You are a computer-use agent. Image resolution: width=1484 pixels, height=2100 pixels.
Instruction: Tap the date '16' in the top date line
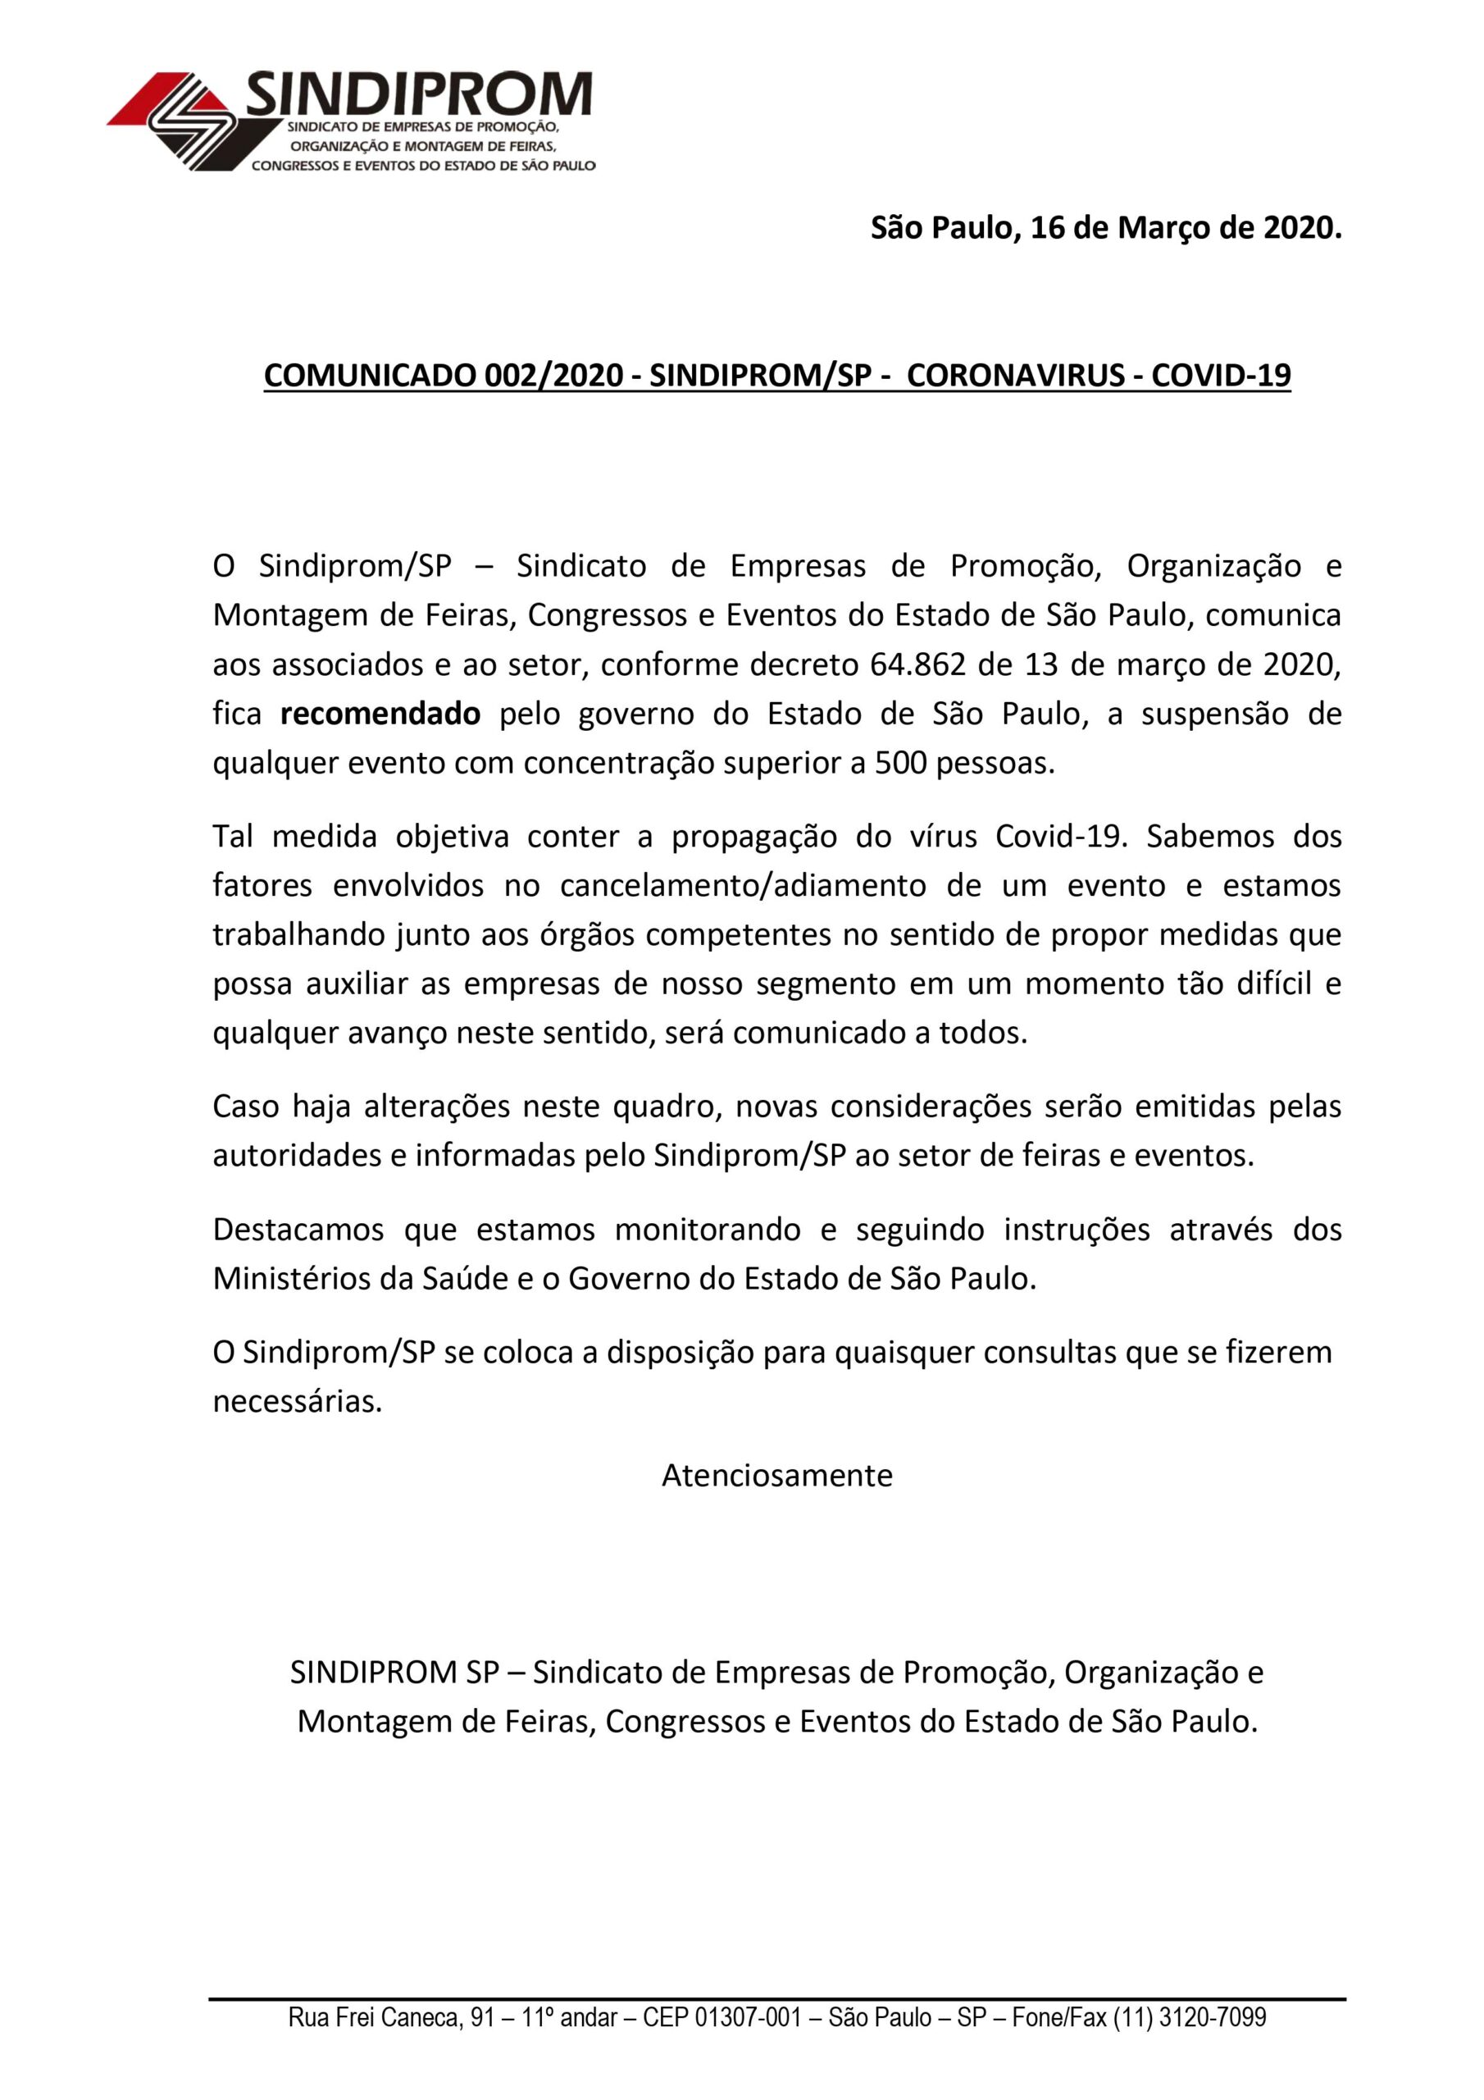[1047, 228]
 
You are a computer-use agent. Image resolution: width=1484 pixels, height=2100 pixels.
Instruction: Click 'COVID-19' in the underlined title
[1221, 375]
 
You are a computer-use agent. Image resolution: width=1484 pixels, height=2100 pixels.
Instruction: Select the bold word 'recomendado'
[380, 714]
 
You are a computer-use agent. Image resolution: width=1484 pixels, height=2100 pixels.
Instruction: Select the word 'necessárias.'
[297, 1401]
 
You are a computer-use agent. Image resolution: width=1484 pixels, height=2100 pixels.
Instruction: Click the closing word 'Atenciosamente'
[777, 1474]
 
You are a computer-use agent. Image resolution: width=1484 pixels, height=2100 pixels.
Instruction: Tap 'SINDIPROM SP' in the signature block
[395, 1672]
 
